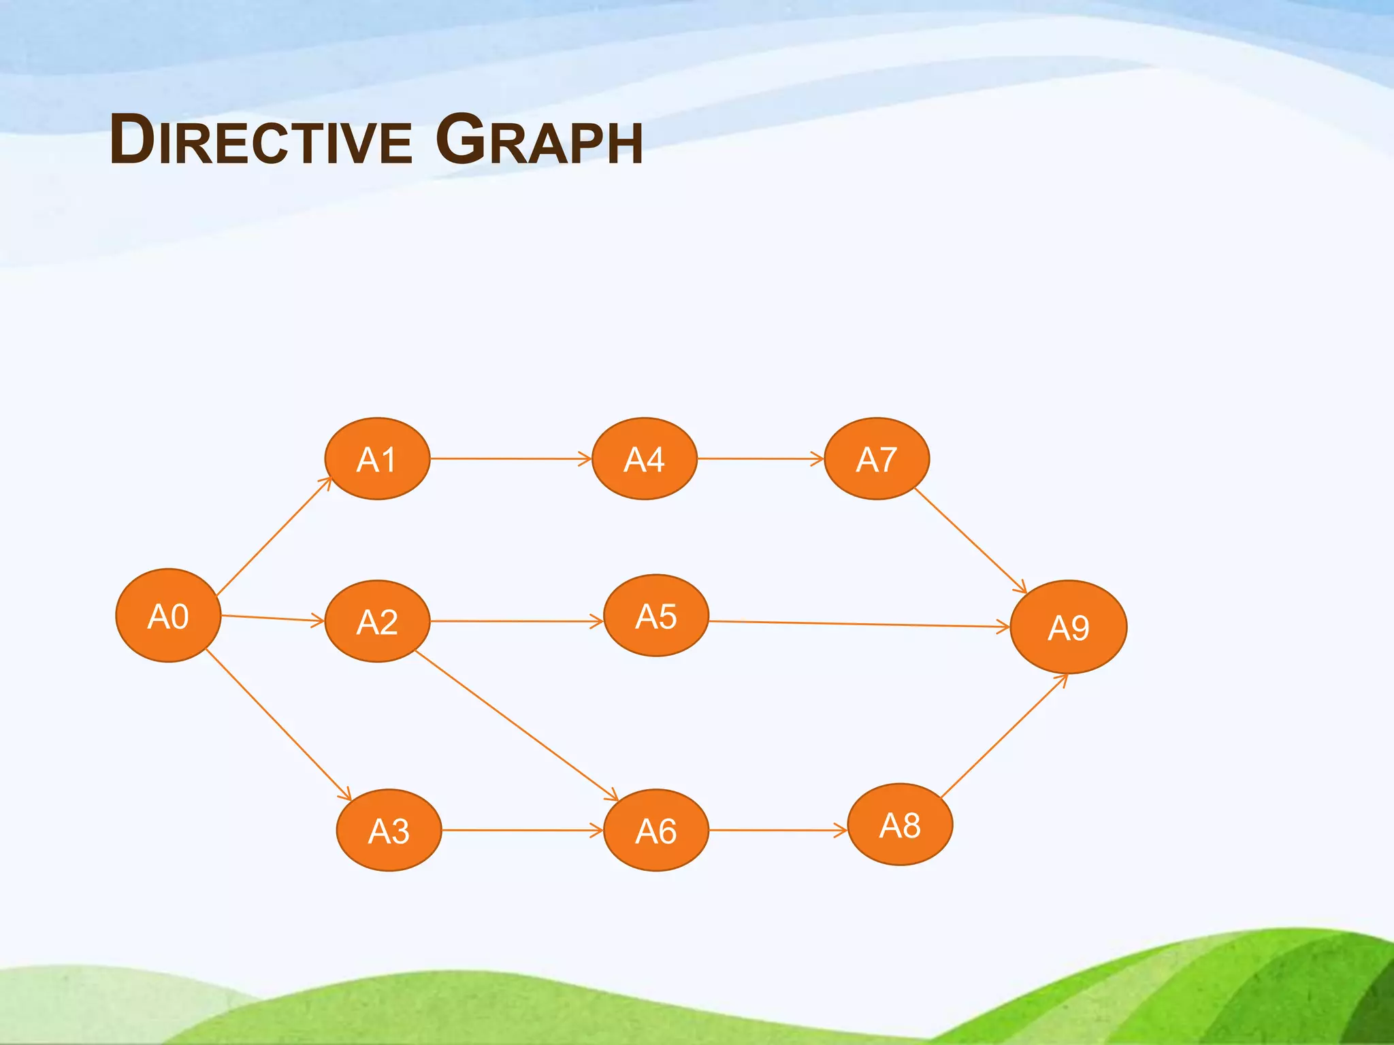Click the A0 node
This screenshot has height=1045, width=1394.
point(168,616)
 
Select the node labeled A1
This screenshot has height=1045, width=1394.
point(377,459)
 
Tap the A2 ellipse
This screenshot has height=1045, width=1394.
point(377,621)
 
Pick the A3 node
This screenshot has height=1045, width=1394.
point(389,830)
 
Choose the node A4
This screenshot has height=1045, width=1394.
point(644,459)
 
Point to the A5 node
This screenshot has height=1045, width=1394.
point(656,616)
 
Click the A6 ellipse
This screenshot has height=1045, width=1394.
point(656,830)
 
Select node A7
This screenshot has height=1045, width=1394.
point(877,459)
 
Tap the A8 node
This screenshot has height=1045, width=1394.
point(900,825)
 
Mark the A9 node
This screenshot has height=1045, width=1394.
point(1069,627)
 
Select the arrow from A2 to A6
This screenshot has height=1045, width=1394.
point(516,725)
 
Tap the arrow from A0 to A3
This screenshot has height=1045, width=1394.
point(278,725)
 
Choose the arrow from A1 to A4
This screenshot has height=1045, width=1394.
point(510,459)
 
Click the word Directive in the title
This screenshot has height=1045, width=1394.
point(261,141)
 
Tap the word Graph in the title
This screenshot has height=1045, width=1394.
point(539,141)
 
